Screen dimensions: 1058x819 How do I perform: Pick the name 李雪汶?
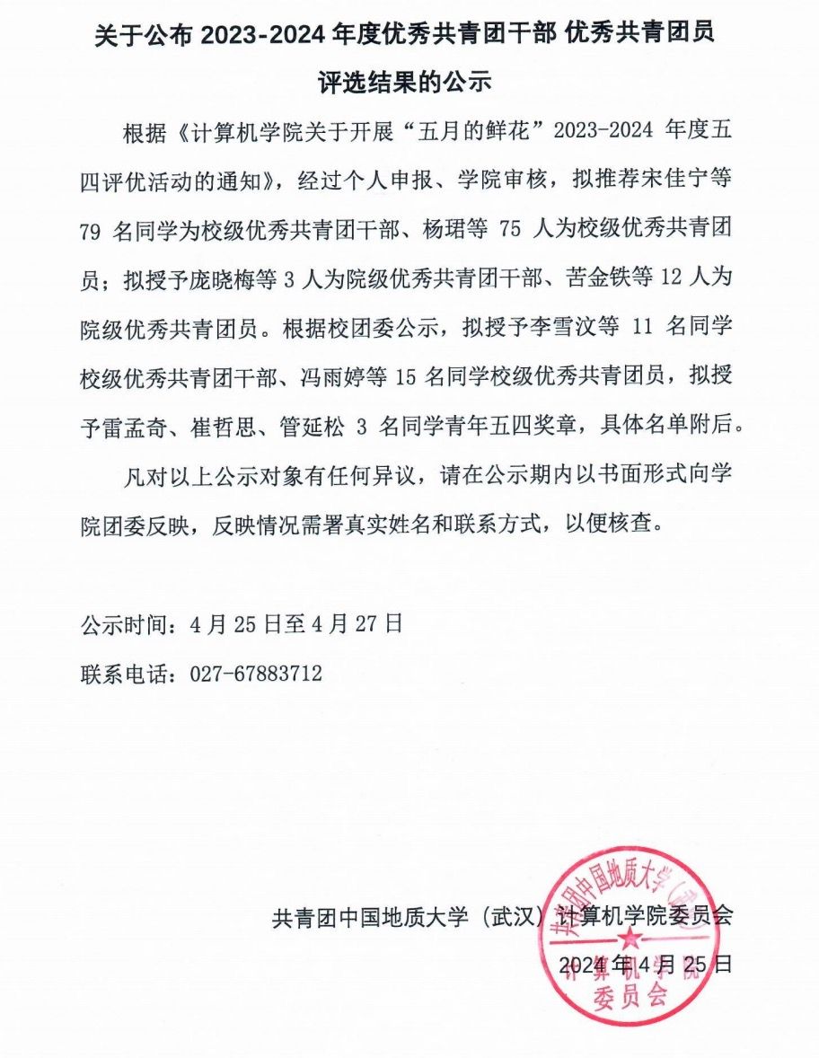(562, 328)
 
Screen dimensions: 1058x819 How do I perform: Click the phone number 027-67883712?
(255, 674)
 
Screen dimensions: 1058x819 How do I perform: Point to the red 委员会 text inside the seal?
(629, 994)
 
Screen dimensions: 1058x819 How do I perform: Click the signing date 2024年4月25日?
(646, 965)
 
